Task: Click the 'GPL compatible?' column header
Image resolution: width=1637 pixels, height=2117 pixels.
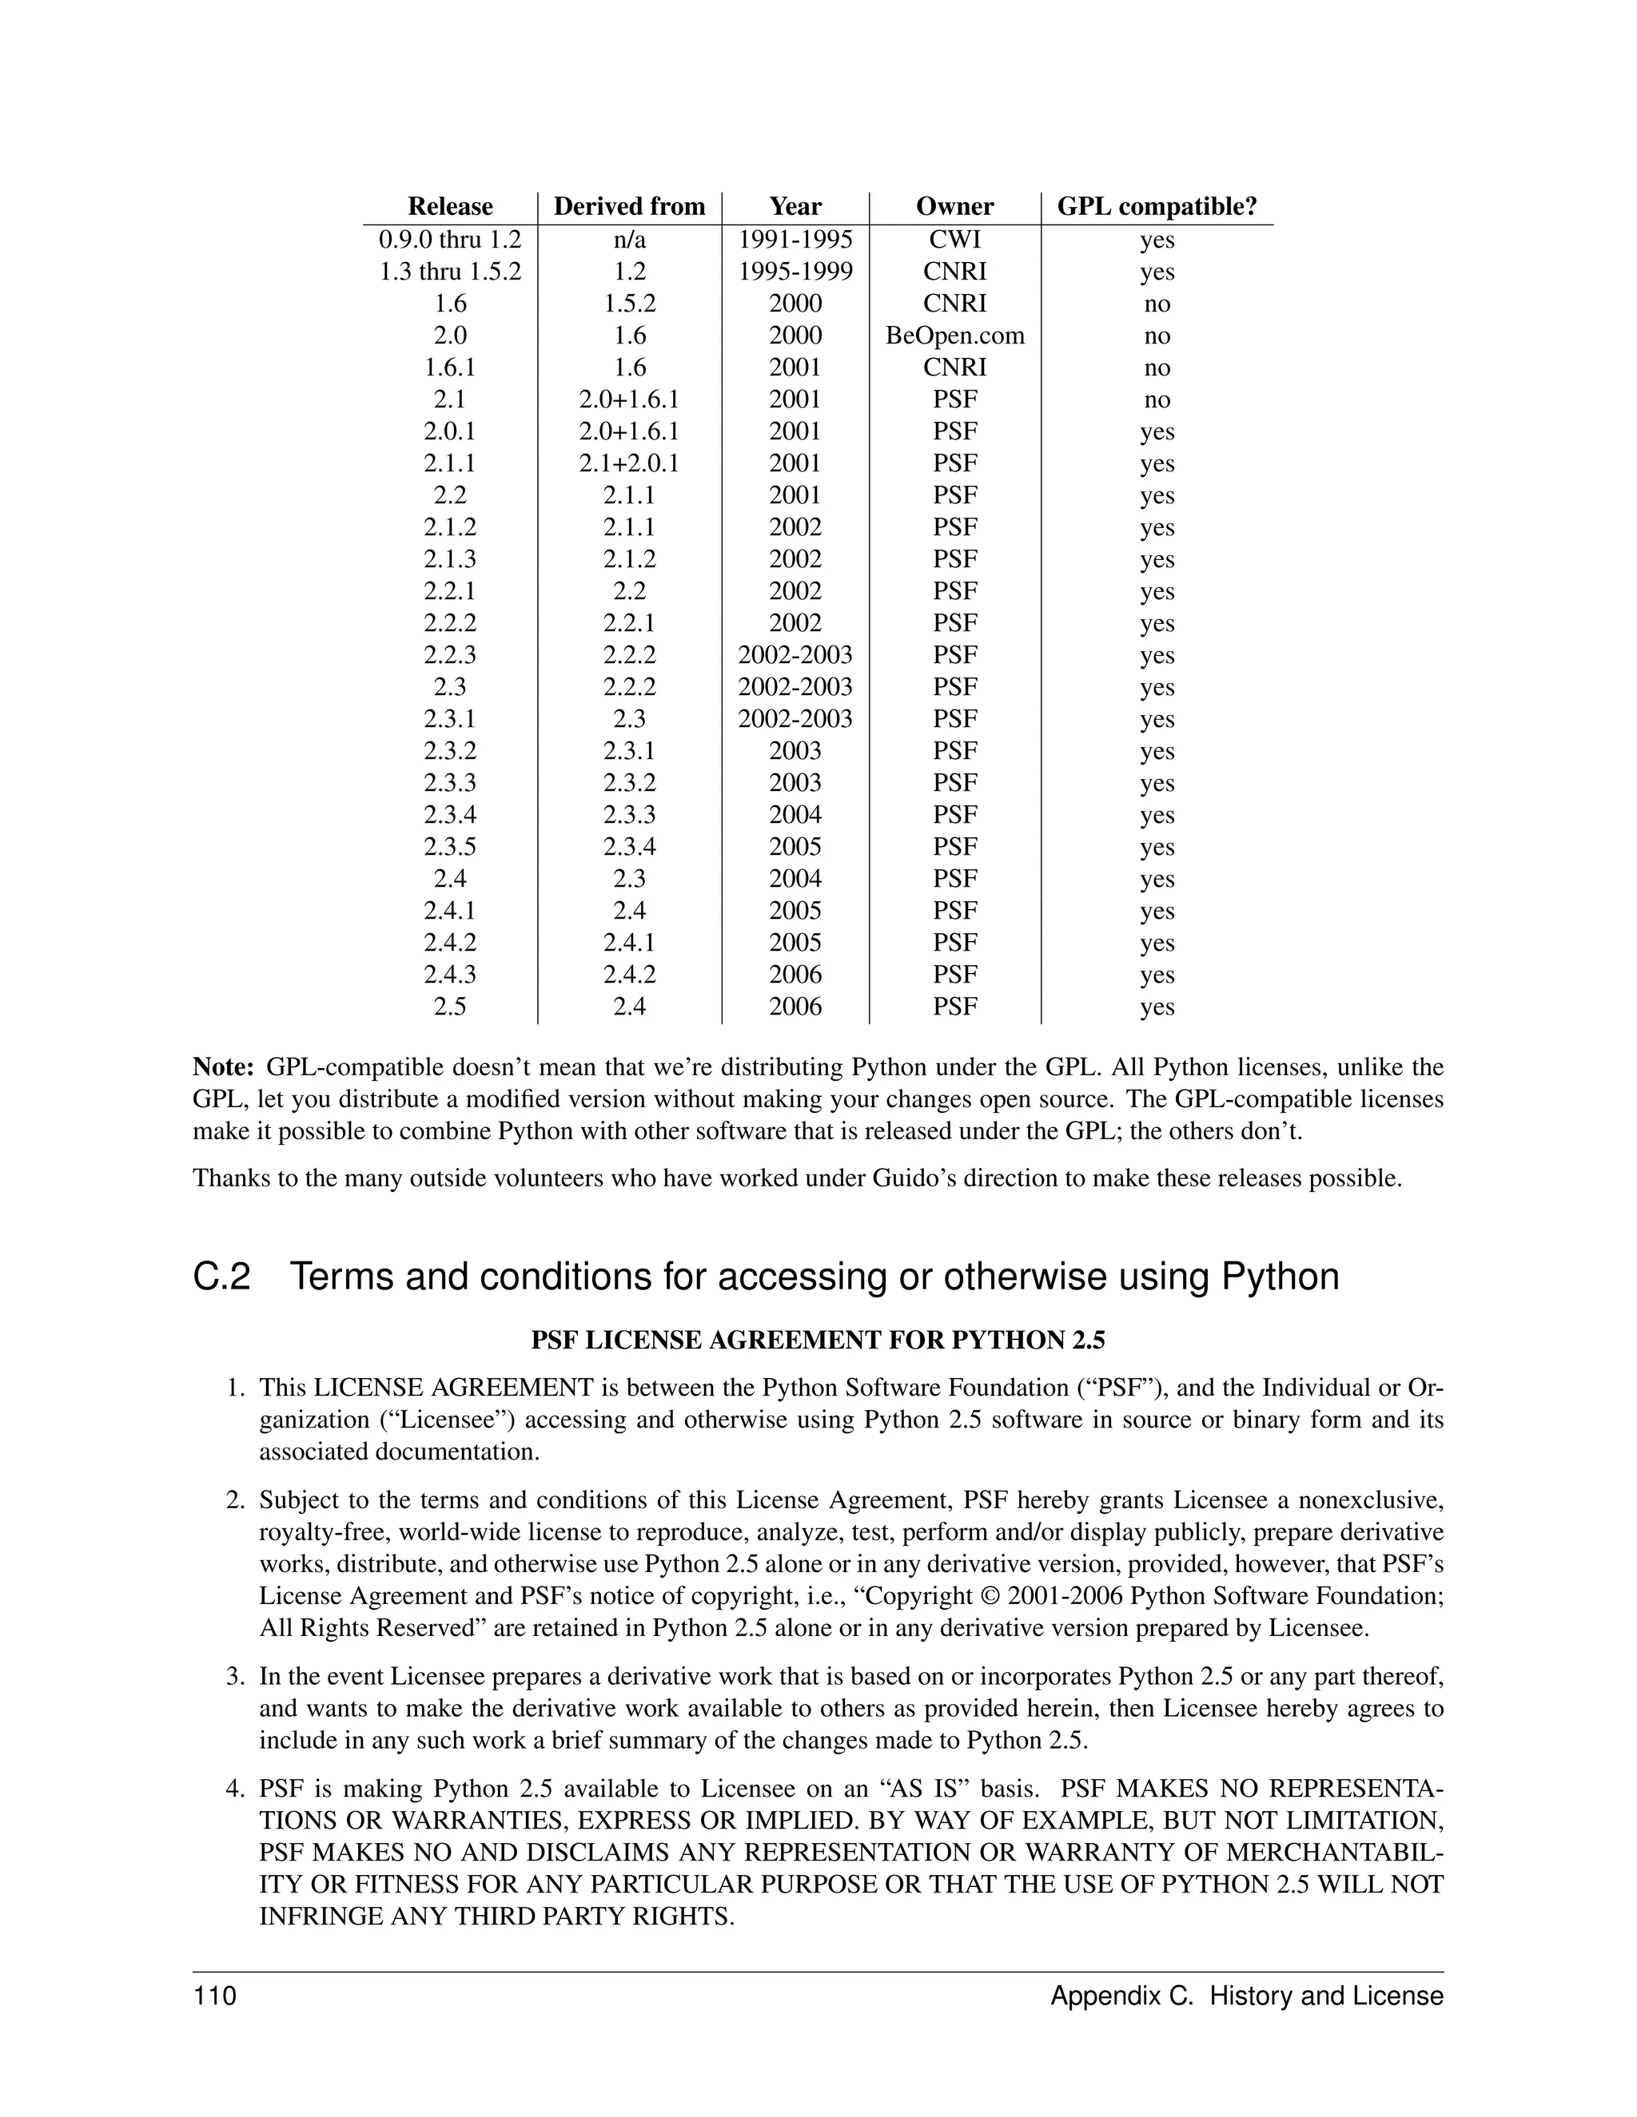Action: (1156, 206)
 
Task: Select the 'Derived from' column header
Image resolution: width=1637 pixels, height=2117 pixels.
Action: (629, 206)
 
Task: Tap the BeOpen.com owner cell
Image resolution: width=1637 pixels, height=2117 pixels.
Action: (954, 336)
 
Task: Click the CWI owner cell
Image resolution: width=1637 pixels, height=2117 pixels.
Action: (954, 240)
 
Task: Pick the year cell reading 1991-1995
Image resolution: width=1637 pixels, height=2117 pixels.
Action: (795, 240)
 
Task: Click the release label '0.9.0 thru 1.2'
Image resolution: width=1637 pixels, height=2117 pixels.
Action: (450, 240)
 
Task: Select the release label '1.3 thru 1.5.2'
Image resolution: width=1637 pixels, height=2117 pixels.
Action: (450, 272)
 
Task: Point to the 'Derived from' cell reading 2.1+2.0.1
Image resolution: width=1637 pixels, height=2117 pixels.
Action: (629, 463)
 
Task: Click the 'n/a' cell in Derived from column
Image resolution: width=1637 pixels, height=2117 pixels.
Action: (629, 240)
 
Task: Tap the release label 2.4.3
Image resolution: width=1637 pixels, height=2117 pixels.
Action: (450, 974)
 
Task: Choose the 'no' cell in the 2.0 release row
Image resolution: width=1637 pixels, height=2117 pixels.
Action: (1157, 336)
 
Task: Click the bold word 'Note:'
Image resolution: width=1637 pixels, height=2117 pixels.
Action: (223, 1067)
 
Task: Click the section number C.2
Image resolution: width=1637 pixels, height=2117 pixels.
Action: (222, 1277)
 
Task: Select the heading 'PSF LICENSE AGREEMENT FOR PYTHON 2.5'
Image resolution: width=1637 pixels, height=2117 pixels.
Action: (818, 1341)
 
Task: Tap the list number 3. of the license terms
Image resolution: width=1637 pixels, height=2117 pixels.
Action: (236, 1676)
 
